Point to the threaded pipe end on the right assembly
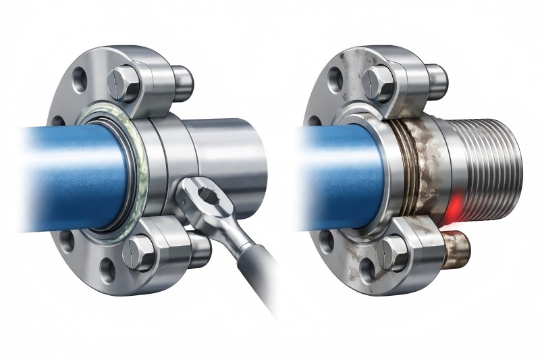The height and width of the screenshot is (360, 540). point(486,165)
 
